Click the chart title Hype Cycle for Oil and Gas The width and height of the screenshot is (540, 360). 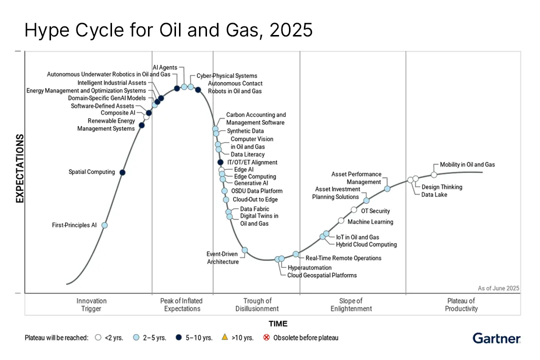coord(168,30)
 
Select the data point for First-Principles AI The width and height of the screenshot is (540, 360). coord(104,225)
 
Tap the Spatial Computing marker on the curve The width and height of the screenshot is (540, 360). coord(122,172)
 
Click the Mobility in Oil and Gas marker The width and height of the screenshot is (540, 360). coord(434,174)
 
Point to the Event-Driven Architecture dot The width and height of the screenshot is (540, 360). coord(245,250)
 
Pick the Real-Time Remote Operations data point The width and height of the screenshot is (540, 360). coord(295,254)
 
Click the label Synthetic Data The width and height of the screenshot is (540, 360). coord(245,131)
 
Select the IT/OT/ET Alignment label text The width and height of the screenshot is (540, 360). coord(252,162)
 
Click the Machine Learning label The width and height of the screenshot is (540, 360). coord(370,221)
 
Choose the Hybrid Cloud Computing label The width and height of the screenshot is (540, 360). coord(366,244)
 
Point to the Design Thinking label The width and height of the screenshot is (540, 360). coord(441,187)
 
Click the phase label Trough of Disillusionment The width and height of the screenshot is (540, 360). coord(257,304)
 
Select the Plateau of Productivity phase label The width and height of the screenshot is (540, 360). coord(461,304)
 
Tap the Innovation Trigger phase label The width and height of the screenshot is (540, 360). coord(91,304)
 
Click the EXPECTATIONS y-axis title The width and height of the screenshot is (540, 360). coord(20,168)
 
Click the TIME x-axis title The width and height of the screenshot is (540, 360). coord(278,323)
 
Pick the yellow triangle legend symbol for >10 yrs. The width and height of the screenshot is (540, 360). coord(224,337)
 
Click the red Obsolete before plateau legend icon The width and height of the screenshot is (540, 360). coord(266,337)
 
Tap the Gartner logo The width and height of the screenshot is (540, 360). coord(496,338)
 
